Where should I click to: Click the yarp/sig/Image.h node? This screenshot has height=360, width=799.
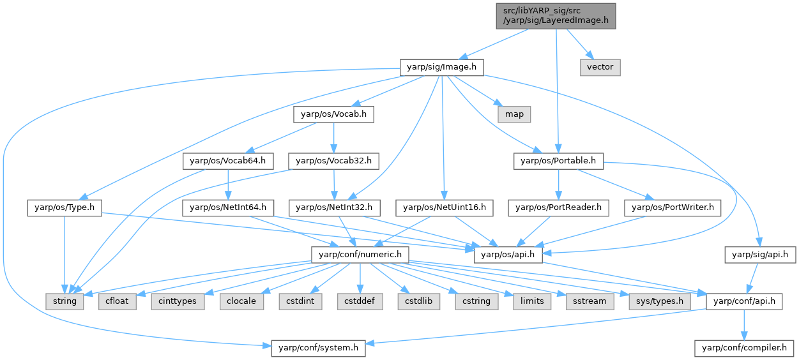[x=441, y=66]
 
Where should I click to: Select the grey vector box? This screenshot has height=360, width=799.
[x=600, y=66]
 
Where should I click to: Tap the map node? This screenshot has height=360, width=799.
[x=514, y=114]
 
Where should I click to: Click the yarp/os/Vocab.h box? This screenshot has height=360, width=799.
[x=333, y=114]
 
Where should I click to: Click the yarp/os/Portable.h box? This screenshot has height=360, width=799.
[x=558, y=161]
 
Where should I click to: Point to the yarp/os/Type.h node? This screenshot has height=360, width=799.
[x=65, y=207]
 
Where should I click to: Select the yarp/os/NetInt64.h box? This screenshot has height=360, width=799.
[x=228, y=207]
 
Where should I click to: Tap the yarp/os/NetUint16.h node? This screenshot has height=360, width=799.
[x=445, y=207]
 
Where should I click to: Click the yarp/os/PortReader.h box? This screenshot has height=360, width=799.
[x=559, y=207]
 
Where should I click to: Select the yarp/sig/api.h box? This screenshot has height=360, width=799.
[x=760, y=254]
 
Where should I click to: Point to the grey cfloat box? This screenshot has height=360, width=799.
[x=118, y=301]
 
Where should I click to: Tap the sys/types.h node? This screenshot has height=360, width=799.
[x=658, y=301]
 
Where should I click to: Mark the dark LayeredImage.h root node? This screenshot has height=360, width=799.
[x=556, y=15]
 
